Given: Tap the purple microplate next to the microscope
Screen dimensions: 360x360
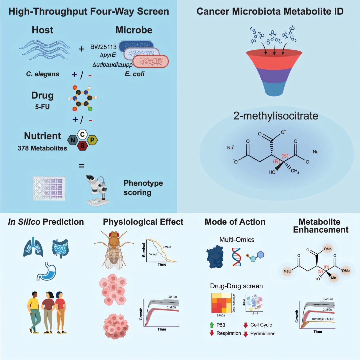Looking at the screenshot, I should point(49,188).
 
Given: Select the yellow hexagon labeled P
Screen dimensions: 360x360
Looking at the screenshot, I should point(92,140).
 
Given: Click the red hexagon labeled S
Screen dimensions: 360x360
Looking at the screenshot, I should point(82,146).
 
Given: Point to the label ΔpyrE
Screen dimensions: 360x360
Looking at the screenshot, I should point(108,55).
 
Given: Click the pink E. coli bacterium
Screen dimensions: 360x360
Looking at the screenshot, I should point(150,61).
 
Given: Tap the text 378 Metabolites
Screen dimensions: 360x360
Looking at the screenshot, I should point(42,148).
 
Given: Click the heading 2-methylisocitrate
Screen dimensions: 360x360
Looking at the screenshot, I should point(276,116).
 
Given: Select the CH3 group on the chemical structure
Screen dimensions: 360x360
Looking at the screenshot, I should point(295,171).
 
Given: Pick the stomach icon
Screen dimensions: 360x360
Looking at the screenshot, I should point(47,271).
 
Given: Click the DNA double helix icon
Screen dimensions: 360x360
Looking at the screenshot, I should point(237,256).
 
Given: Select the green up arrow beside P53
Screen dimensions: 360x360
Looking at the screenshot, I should point(212,325).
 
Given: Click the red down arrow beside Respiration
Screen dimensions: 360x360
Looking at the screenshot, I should point(212,333).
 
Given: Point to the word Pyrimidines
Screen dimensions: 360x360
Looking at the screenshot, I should point(263,334).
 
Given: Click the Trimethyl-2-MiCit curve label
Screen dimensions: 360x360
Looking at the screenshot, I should point(323,319).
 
